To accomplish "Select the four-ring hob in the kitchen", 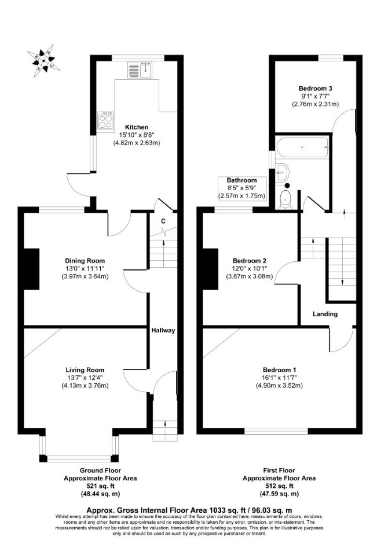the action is point(106,121).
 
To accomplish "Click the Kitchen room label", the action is point(137,127).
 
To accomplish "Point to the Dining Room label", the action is point(85,261).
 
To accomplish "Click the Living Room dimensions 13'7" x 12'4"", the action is point(85,378).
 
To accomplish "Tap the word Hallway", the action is point(163,330).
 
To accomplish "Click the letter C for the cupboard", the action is point(163,221).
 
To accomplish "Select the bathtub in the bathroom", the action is point(302,147).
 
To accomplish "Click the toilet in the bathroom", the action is point(286,200).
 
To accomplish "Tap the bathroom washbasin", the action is point(282,172).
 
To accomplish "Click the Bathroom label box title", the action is point(241,180).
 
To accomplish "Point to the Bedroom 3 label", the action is point(316,88).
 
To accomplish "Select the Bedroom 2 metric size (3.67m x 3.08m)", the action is point(250,276).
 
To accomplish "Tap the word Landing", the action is point(325,314).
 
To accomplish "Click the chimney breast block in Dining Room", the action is point(31,269).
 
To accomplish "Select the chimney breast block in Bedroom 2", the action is point(210,269).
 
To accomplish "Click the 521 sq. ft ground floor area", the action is point(100,486).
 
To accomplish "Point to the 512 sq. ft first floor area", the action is point(279,486).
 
